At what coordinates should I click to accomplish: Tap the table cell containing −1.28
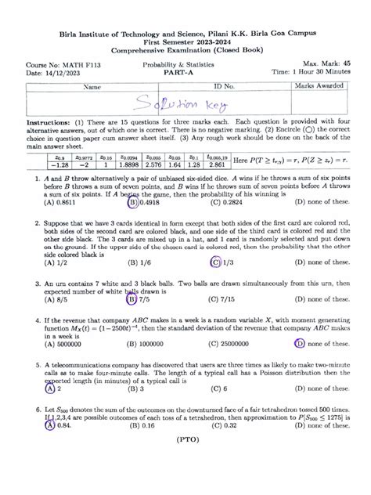pyautogui.click(x=38, y=164)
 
